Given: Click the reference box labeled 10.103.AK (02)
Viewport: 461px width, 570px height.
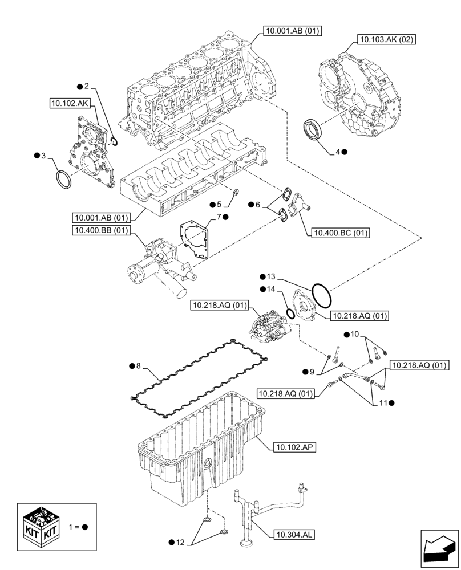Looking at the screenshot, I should click(386, 39).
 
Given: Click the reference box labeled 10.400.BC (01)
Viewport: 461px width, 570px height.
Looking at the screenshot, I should click(339, 232).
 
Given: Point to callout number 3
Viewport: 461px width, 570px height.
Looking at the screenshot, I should click(44, 156).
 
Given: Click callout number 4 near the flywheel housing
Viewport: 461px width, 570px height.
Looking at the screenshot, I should click(338, 152).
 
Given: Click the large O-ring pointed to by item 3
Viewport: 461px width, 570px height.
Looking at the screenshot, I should click(63, 181).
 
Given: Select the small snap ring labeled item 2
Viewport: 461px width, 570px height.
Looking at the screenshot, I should click(114, 141).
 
